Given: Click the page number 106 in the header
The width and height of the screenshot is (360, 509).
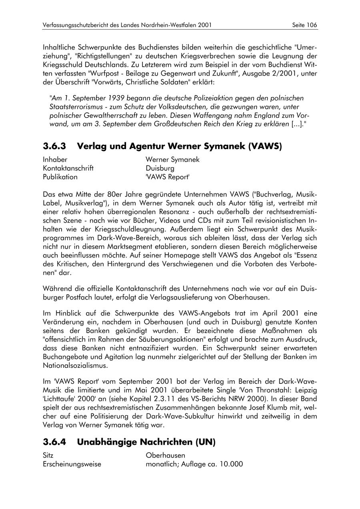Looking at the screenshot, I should (312, 25).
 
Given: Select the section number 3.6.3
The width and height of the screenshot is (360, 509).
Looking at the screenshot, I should (55, 146).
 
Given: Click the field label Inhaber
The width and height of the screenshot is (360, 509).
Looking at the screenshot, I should (55, 160).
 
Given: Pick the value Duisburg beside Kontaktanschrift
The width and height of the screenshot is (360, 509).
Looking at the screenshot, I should (160, 168).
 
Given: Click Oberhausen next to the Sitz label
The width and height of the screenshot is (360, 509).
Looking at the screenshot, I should (165, 455).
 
